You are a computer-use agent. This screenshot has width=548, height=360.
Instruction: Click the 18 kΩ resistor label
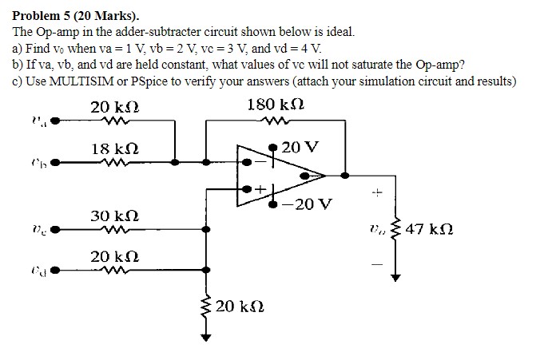pos(115,148)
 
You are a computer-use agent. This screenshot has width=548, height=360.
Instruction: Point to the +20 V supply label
pos(300,148)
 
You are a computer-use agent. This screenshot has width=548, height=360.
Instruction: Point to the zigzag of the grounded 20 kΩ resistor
pos(207,308)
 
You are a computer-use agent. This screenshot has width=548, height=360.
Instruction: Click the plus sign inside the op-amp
pos(260,190)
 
